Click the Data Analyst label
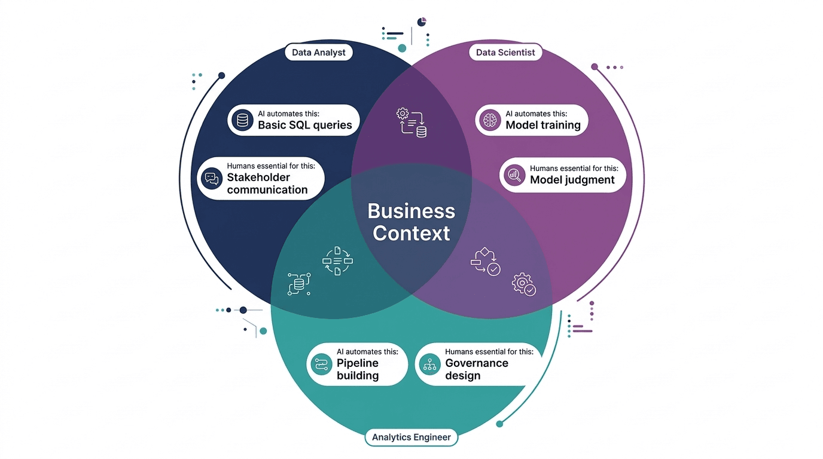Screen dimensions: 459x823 tap(318, 53)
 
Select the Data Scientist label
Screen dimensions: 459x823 tap(505, 53)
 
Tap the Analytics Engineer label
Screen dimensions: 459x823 tap(411, 437)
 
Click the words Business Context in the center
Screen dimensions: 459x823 tap(411, 222)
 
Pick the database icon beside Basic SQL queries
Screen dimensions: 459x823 tap(242, 121)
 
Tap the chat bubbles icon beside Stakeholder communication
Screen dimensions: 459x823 tap(211, 178)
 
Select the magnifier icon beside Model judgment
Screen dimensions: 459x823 tap(514, 175)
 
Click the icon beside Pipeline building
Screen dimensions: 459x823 tap(321, 363)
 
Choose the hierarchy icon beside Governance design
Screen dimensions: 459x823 tap(429, 363)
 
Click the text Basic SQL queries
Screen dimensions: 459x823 tap(304, 126)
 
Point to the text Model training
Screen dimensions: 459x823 tap(543, 126)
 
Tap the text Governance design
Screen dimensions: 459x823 tap(477, 369)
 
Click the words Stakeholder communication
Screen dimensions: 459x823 tap(267, 183)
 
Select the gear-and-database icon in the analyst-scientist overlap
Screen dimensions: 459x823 tap(411, 122)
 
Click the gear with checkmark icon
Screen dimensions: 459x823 tap(524, 284)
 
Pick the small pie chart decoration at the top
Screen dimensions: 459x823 tap(422, 22)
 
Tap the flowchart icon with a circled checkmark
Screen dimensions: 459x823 tap(486, 261)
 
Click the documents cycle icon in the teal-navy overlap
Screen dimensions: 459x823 tap(338, 261)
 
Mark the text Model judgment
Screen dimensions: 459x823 tap(572, 179)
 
